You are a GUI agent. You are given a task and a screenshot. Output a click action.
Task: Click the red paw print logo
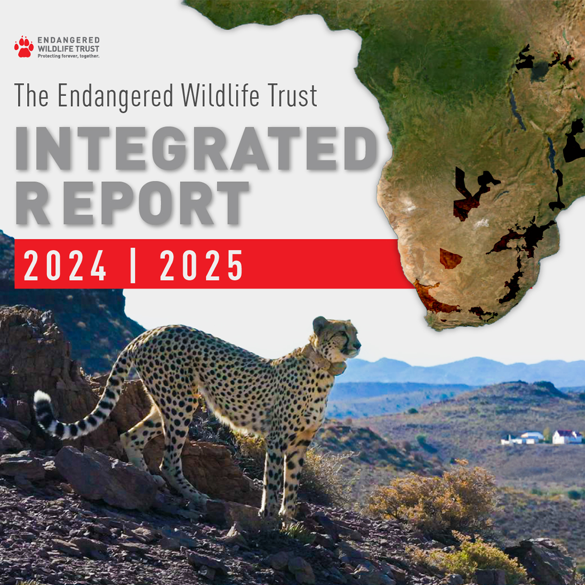click(x=24, y=47)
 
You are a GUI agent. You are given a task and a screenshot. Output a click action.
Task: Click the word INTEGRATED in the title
click(x=196, y=149)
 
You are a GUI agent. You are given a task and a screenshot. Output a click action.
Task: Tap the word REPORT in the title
click(x=133, y=203)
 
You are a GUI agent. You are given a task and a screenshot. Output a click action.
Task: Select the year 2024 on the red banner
click(x=65, y=265)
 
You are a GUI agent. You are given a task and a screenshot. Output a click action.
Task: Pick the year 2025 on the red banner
click(x=202, y=265)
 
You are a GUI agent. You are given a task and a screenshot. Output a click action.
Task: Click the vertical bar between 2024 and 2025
click(x=133, y=265)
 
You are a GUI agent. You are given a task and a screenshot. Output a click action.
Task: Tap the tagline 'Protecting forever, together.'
click(x=68, y=56)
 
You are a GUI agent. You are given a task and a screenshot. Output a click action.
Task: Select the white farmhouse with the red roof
click(x=566, y=437)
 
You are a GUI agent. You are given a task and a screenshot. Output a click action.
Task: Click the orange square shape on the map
click(x=451, y=259)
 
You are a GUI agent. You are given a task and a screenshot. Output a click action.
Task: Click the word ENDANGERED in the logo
click(x=68, y=41)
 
